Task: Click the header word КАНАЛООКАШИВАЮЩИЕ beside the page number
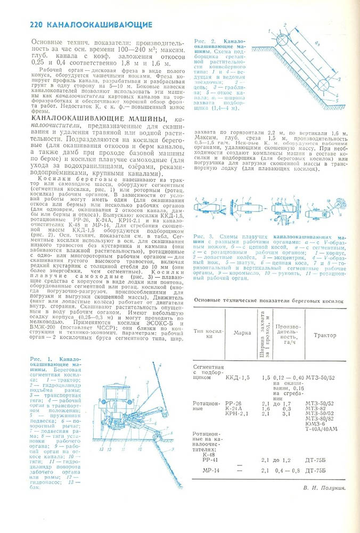point(99,25)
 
